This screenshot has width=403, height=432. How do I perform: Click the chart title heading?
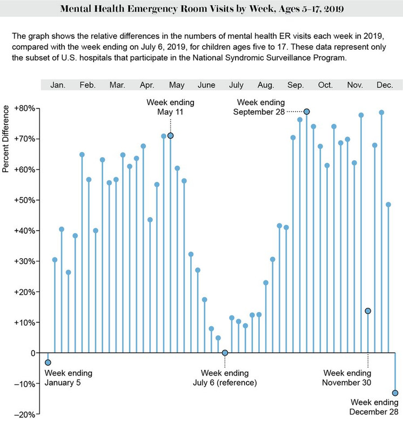point(201,10)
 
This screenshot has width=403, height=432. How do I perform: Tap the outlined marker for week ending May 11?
point(171,136)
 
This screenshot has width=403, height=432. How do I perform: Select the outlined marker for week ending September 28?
point(306,111)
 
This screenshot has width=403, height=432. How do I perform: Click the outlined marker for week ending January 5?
point(48,362)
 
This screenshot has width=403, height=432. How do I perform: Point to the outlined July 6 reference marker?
point(225,353)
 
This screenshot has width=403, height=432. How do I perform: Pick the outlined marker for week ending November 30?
point(368,311)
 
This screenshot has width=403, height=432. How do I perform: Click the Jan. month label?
point(58,85)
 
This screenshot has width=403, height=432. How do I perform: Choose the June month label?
point(206,85)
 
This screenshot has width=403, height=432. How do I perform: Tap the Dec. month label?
point(385,85)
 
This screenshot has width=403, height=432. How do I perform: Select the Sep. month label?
point(295,85)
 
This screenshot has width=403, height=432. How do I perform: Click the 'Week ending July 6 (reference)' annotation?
point(225,378)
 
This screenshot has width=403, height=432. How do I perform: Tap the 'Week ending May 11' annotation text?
point(170,107)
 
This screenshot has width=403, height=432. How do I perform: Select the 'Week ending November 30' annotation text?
point(347,378)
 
